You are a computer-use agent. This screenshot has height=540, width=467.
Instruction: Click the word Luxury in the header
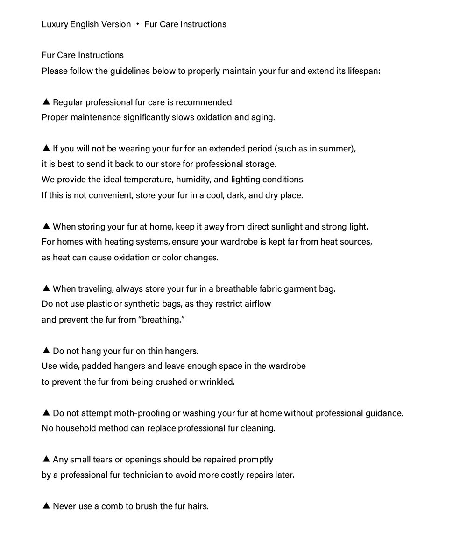pyautogui.click(x=55, y=24)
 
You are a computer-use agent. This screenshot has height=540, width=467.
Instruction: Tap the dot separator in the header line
pyautogui.click(x=138, y=24)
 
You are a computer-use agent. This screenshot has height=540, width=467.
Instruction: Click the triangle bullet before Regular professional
pyautogui.click(x=46, y=101)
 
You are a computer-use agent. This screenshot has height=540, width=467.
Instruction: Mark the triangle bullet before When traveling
pyautogui.click(x=46, y=288)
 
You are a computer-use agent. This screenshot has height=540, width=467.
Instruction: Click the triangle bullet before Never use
pyautogui.click(x=46, y=505)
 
